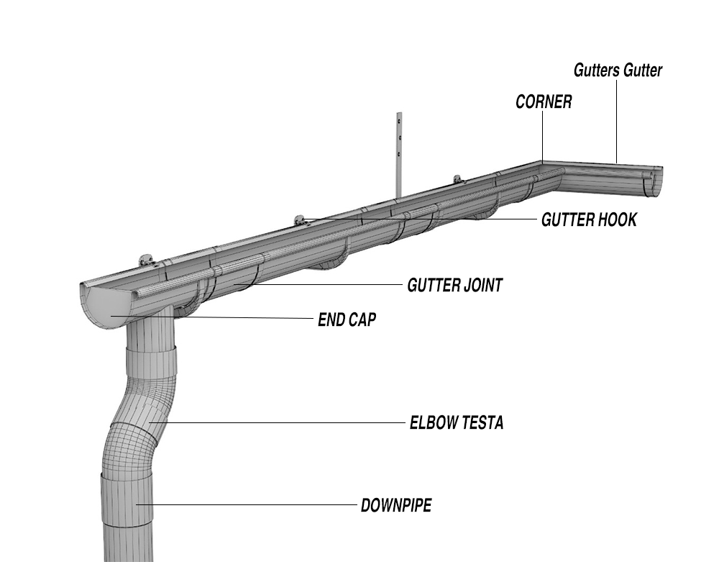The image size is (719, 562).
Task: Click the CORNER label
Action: point(544,102)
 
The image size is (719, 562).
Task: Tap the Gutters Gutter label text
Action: point(618,71)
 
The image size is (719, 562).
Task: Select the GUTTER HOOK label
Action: point(589,219)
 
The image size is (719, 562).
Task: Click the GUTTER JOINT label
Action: point(455,286)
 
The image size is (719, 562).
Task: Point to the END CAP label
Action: point(347,319)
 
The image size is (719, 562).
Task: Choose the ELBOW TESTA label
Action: point(457,422)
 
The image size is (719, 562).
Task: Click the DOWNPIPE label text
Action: point(396,505)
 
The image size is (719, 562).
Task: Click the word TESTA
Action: point(482,422)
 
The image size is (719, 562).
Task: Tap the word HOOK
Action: point(616,219)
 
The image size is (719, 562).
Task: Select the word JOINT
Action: point(483,286)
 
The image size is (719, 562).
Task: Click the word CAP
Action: point(362,319)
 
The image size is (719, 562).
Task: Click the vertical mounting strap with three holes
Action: point(399,154)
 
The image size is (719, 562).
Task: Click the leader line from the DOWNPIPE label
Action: point(247,504)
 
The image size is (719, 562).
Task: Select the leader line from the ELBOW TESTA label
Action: point(277,422)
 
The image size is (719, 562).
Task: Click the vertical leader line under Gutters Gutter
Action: point(617,121)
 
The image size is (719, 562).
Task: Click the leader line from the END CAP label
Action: point(212,317)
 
